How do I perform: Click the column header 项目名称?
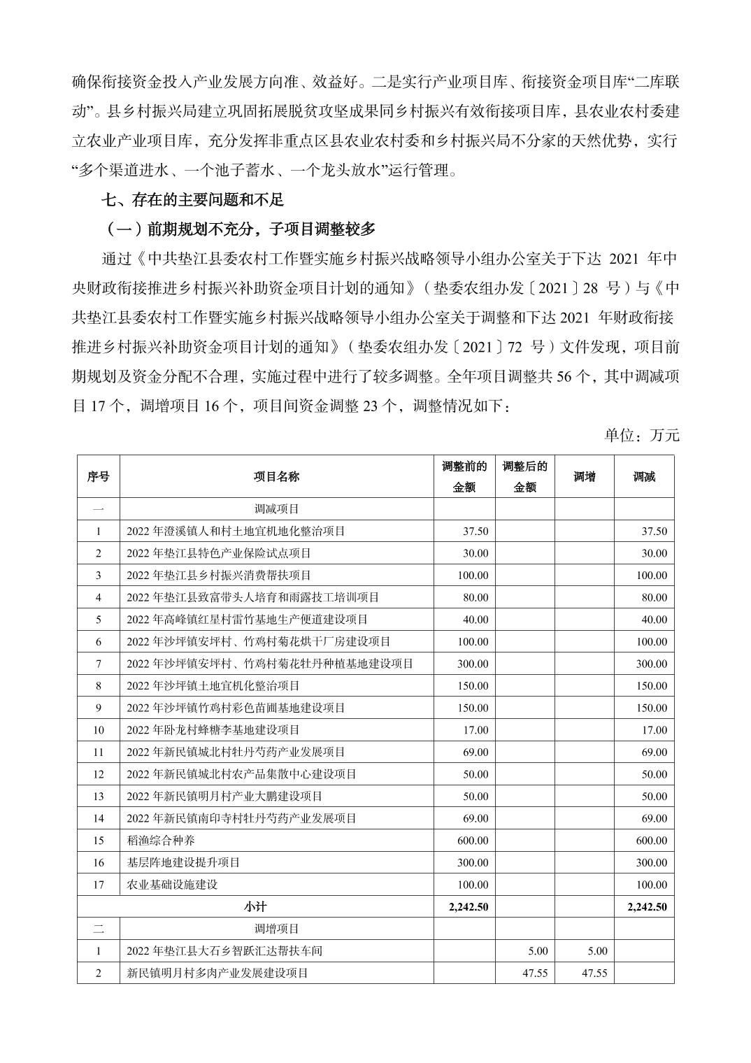point(276,476)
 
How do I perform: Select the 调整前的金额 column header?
point(464,476)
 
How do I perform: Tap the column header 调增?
point(585,476)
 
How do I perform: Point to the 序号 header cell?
point(98,476)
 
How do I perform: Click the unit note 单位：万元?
point(642,435)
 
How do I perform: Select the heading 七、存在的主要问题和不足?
point(192,200)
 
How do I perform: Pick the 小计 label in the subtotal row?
point(255,907)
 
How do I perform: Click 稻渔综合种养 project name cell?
point(161,841)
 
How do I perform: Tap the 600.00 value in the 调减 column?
point(652,841)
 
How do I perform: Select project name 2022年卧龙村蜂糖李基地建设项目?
point(213,730)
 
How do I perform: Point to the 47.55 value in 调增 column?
point(594,973)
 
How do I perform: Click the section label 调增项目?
point(276,929)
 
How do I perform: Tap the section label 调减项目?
point(276,509)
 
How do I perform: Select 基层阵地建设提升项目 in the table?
point(183,863)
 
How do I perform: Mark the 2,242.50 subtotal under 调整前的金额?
point(468,907)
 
